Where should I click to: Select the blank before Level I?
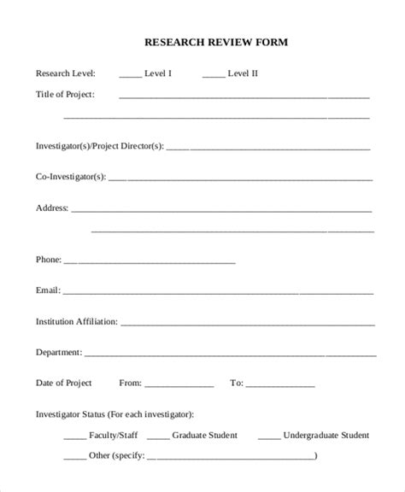click(x=130, y=75)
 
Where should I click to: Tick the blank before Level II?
click(x=214, y=75)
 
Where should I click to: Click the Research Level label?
click(x=66, y=73)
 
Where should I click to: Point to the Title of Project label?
click(x=66, y=94)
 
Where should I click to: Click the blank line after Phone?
click(x=150, y=261)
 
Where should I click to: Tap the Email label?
click(x=48, y=290)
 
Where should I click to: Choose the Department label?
click(x=59, y=352)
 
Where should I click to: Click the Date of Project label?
click(x=64, y=383)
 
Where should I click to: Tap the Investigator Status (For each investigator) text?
click(x=114, y=414)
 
